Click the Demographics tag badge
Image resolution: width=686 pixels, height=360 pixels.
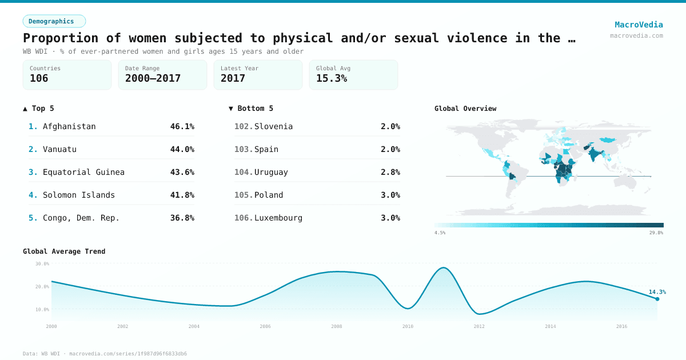click(54, 21)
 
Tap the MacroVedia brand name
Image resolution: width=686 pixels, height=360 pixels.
click(639, 25)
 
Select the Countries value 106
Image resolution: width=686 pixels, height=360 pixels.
click(39, 78)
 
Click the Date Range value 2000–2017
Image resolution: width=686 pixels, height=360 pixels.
click(153, 78)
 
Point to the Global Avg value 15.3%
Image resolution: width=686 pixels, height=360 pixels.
click(332, 78)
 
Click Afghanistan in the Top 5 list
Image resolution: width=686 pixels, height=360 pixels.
click(69, 126)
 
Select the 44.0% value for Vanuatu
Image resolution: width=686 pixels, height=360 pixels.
click(182, 149)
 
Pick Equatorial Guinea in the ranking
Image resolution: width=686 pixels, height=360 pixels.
click(83, 172)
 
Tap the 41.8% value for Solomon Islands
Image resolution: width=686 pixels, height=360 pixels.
click(182, 195)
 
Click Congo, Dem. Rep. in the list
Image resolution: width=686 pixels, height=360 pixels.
click(81, 218)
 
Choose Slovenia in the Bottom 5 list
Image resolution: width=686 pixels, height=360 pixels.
click(273, 126)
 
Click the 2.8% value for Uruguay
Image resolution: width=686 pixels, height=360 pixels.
click(390, 172)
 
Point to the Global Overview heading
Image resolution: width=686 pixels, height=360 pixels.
click(465, 109)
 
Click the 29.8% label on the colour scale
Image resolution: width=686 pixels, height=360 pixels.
click(656, 233)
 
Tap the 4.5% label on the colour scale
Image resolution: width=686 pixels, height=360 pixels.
click(440, 233)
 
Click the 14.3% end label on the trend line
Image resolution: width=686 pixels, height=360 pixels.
click(657, 292)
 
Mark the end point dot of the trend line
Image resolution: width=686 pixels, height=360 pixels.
click(657, 299)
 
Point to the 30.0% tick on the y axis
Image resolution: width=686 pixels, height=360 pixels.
click(42, 264)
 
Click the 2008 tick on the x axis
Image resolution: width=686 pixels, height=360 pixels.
click(336, 326)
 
